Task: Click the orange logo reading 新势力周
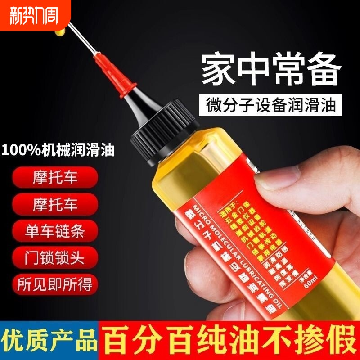[31, 14]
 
